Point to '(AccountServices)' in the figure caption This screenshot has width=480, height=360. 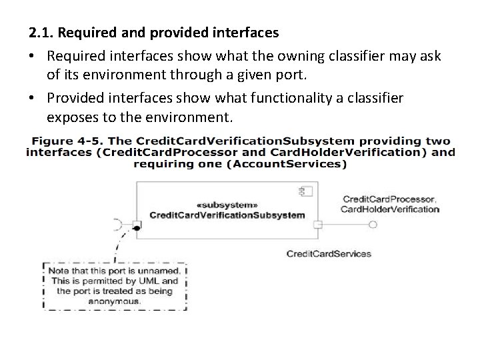click(x=286, y=164)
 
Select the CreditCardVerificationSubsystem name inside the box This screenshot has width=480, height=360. click(x=227, y=215)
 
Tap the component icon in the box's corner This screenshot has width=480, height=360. click(x=307, y=191)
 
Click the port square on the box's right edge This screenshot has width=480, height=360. click(x=318, y=224)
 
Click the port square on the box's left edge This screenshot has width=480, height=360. click(x=137, y=224)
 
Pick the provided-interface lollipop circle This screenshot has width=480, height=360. click(x=373, y=225)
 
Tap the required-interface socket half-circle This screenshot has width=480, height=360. click(x=120, y=224)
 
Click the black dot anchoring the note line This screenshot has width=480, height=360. click(x=137, y=229)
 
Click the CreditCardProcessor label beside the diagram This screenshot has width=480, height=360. click(x=389, y=199)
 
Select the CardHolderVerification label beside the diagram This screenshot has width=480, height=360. click(x=390, y=209)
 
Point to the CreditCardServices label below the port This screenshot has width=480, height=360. click(x=329, y=253)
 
